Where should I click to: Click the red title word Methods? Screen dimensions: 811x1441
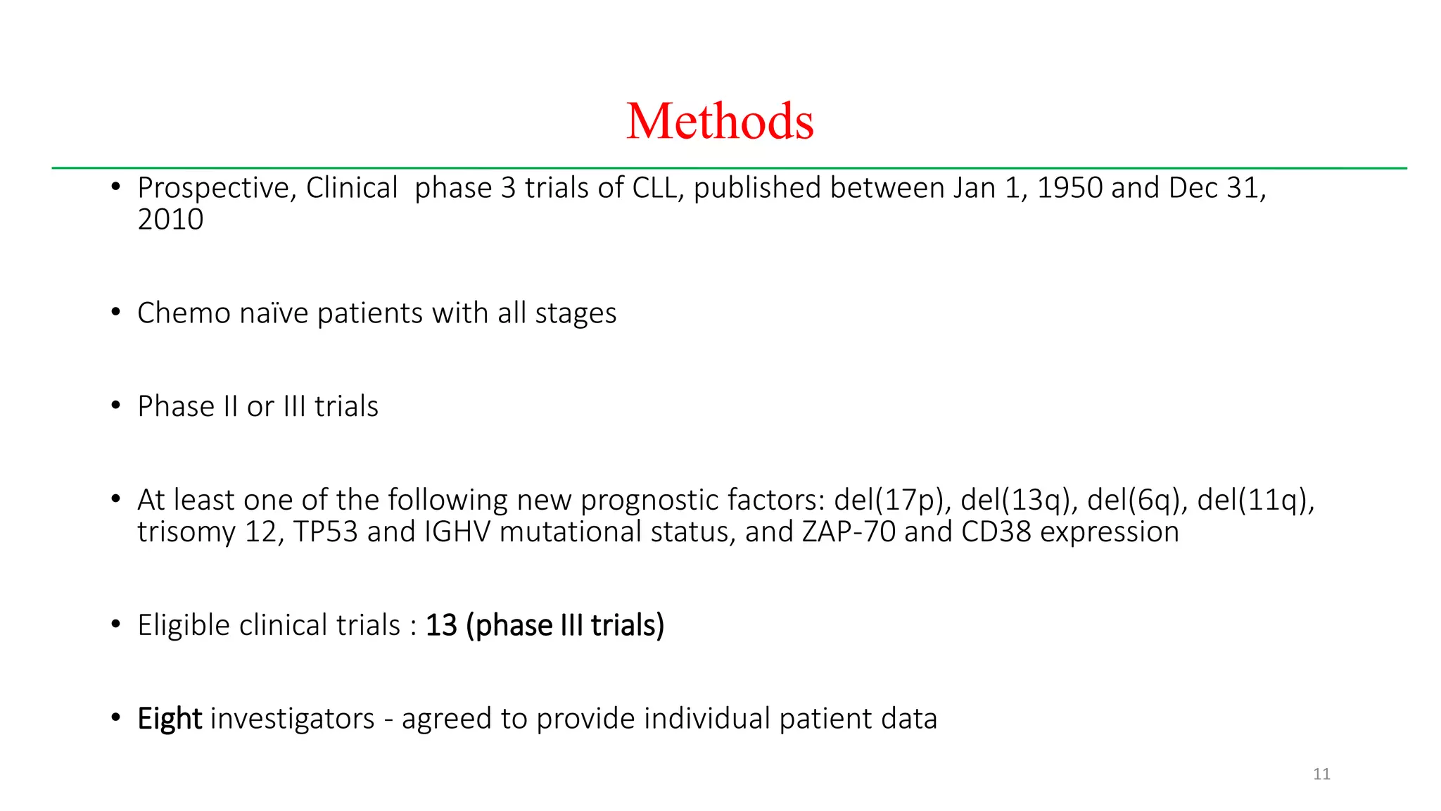(720, 121)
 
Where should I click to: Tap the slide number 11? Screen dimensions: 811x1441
(1321, 774)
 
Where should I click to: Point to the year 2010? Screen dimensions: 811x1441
(170, 220)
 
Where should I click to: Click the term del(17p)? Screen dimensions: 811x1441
(891, 501)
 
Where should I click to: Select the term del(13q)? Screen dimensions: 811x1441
(1019, 501)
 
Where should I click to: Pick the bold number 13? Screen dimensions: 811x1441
(441, 626)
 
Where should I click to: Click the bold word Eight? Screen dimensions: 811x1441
(170, 719)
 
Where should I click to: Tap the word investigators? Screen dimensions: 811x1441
(292, 719)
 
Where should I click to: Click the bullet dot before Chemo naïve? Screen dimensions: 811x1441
(116, 313)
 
